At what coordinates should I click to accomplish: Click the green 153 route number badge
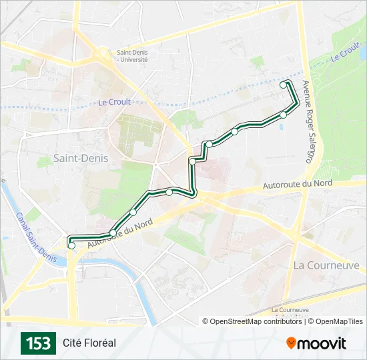(x=38, y=343)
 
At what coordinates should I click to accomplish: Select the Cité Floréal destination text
(x=89, y=343)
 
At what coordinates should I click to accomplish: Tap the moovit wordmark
(x=322, y=343)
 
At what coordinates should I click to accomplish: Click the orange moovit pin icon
(x=292, y=343)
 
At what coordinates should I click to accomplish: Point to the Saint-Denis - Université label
(x=132, y=56)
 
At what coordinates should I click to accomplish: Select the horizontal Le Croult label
(x=114, y=102)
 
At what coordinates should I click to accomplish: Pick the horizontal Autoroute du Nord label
(x=298, y=183)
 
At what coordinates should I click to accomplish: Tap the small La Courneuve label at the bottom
(x=290, y=311)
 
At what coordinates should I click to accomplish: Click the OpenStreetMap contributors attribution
(x=252, y=321)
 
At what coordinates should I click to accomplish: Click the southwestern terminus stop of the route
(x=71, y=245)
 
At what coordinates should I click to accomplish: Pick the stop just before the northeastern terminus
(x=283, y=115)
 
